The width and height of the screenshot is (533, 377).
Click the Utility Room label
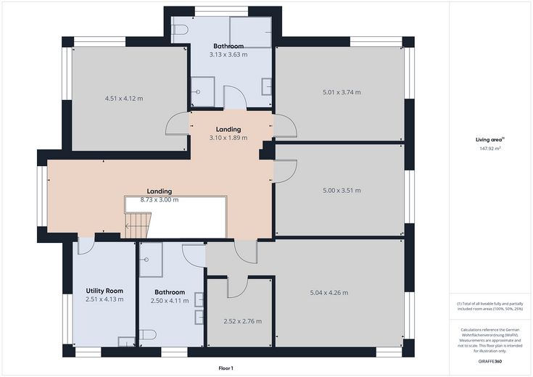pos(104,291)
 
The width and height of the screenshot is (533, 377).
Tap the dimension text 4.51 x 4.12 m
pos(124,99)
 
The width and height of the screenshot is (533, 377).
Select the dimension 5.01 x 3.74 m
pos(342,92)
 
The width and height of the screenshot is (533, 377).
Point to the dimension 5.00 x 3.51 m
pos(342,191)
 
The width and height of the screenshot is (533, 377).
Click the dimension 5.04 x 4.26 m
pos(329,293)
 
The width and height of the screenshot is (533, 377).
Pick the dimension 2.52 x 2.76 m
pos(243,321)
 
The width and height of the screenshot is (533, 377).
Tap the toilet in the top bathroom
pos(180,30)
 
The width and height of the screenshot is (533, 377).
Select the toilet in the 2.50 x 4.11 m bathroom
pos(148,334)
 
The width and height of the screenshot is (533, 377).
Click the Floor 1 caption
pos(226,368)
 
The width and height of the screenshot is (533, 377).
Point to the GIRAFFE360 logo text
pos(489,361)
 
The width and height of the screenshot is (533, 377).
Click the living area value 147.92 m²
pos(490,149)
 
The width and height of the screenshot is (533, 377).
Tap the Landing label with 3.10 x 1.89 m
pos(228,129)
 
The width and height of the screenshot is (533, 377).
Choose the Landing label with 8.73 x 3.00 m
pos(160,191)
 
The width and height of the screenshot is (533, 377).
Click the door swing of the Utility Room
pos(85,246)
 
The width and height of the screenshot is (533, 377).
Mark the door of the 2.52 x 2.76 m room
pos(238,287)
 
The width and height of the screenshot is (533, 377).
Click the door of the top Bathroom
pos(235,98)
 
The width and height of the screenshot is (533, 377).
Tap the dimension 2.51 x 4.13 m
pos(104,299)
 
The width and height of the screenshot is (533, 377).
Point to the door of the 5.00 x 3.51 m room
pos(286,172)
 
